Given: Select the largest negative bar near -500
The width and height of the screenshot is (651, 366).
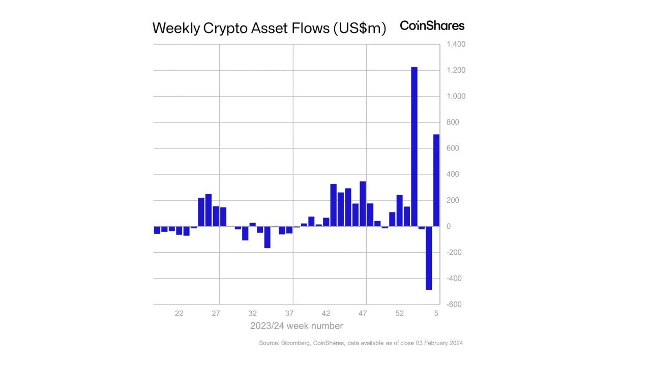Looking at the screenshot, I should [429, 258].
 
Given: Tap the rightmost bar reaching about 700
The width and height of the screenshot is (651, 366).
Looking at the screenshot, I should [436, 180].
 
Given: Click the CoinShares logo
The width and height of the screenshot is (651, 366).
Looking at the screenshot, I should [432, 25].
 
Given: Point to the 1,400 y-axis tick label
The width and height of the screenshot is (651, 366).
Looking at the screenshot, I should [456, 45].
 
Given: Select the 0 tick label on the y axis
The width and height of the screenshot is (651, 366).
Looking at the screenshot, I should [449, 226].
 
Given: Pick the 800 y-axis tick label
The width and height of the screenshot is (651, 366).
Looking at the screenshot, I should [453, 123].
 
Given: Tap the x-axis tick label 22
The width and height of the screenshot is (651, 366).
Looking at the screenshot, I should [179, 313].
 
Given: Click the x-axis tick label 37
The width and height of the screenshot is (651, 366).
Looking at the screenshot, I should [289, 313].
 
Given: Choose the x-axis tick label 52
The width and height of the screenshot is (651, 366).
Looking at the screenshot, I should [400, 313].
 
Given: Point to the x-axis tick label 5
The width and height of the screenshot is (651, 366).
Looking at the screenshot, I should [436, 313].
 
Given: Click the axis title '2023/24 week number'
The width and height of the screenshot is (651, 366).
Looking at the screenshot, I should [297, 326].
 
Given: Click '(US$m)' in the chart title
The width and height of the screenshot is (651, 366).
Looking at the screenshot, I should [359, 28].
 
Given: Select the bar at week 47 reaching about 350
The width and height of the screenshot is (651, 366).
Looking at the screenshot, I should [363, 204].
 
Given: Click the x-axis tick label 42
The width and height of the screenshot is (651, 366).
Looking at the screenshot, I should [326, 313].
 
